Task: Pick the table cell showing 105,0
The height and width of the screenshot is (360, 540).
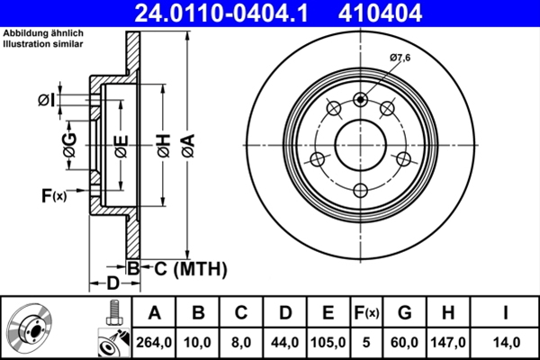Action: pos(328,342)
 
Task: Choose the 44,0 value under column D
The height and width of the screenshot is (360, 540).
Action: pos(284,342)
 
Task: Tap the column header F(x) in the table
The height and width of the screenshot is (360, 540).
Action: pos(367,313)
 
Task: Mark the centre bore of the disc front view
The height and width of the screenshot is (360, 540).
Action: pos(361,144)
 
